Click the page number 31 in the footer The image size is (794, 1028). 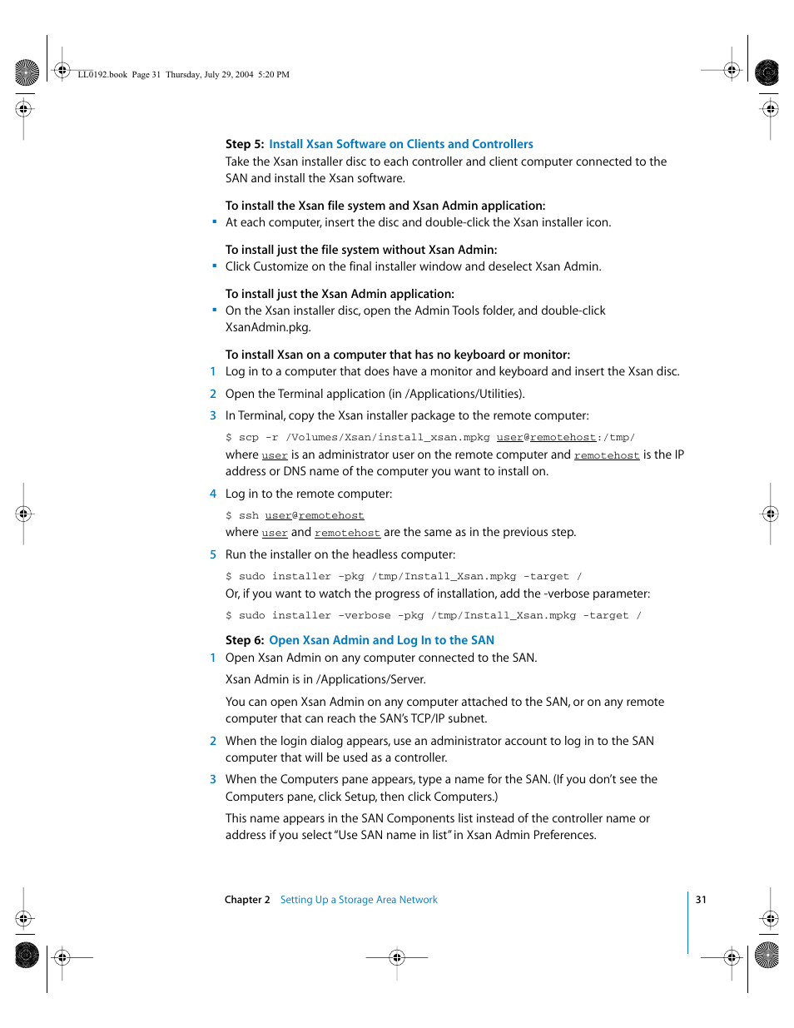[x=701, y=900]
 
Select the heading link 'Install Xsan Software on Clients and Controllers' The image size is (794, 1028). [x=400, y=144]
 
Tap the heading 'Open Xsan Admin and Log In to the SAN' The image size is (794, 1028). [x=381, y=640]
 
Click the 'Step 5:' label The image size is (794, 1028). [x=244, y=144]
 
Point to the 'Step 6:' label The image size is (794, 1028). [x=244, y=640]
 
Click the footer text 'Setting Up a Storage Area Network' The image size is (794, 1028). [x=358, y=900]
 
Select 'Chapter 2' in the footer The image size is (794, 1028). [x=247, y=900]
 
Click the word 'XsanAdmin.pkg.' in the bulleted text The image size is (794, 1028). [x=268, y=327]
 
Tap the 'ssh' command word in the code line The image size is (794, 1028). [x=249, y=516]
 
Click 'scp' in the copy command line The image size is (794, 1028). [x=249, y=438]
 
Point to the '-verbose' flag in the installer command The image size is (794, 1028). [x=364, y=616]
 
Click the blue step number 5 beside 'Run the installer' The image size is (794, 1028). [x=213, y=554]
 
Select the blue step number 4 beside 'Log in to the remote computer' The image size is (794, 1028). [x=213, y=494]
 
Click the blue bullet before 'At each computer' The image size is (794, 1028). [x=214, y=222]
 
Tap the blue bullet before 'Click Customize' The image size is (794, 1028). [x=214, y=266]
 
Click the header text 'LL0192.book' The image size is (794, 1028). [x=102, y=75]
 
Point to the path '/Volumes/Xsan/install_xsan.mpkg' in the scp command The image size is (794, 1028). [x=387, y=438]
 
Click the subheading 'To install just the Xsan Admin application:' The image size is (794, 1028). [x=340, y=294]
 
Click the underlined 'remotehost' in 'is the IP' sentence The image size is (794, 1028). [x=606, y=455]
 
